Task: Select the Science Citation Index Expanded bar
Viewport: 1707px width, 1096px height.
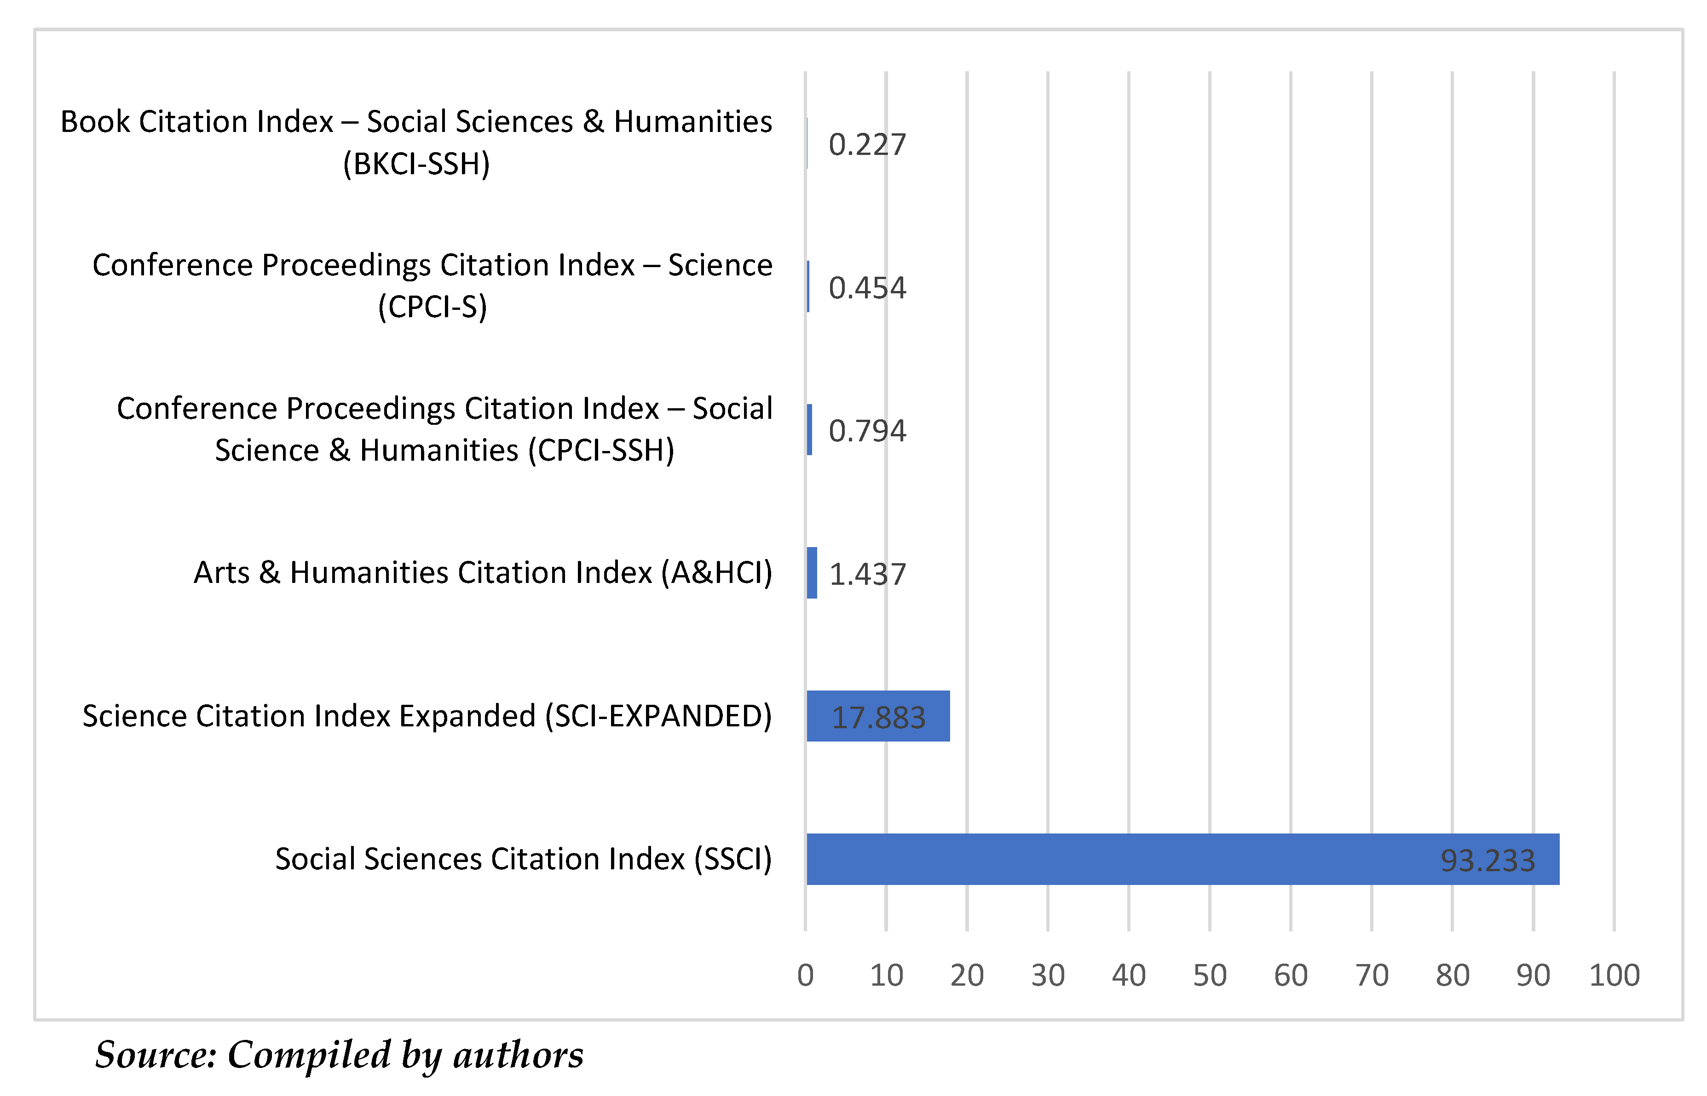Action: [x=877, y=716]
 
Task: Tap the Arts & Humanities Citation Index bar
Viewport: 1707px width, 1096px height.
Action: [x=811, y=572]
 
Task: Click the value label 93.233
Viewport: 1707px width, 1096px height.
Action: [x=1487, y=861]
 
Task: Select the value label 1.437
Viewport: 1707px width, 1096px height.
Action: [x=867, y=574]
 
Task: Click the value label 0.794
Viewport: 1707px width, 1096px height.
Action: [x=867, y=431]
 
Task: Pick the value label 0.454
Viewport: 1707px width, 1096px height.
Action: [x=867, y=287]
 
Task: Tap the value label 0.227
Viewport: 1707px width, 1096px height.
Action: [x=867, y=144]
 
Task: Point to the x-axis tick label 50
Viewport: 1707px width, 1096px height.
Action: [x=1209, y=975]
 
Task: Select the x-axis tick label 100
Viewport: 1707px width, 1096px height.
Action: [x=1614, y=975]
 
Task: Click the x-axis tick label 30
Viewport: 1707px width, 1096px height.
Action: [x=1048, y=975]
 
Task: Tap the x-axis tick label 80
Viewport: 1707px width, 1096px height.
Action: [x=1452, y=975]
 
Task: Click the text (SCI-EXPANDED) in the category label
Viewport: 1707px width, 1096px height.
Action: [x=658, y=716]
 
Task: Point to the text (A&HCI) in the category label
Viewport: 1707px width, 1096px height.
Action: [x=716, y=573]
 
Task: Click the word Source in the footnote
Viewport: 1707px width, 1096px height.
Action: [x=155, y=1054]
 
